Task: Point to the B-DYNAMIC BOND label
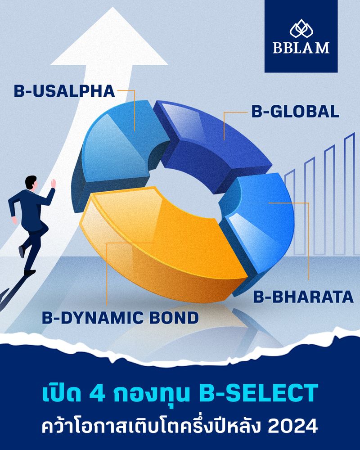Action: click(x=121, y=318)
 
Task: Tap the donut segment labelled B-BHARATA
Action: click(x=261, y=216)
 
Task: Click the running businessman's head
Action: click(x=31, y=182)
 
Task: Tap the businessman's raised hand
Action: click(x=53, y=183)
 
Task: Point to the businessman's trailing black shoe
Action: click(x=29, y=272)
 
